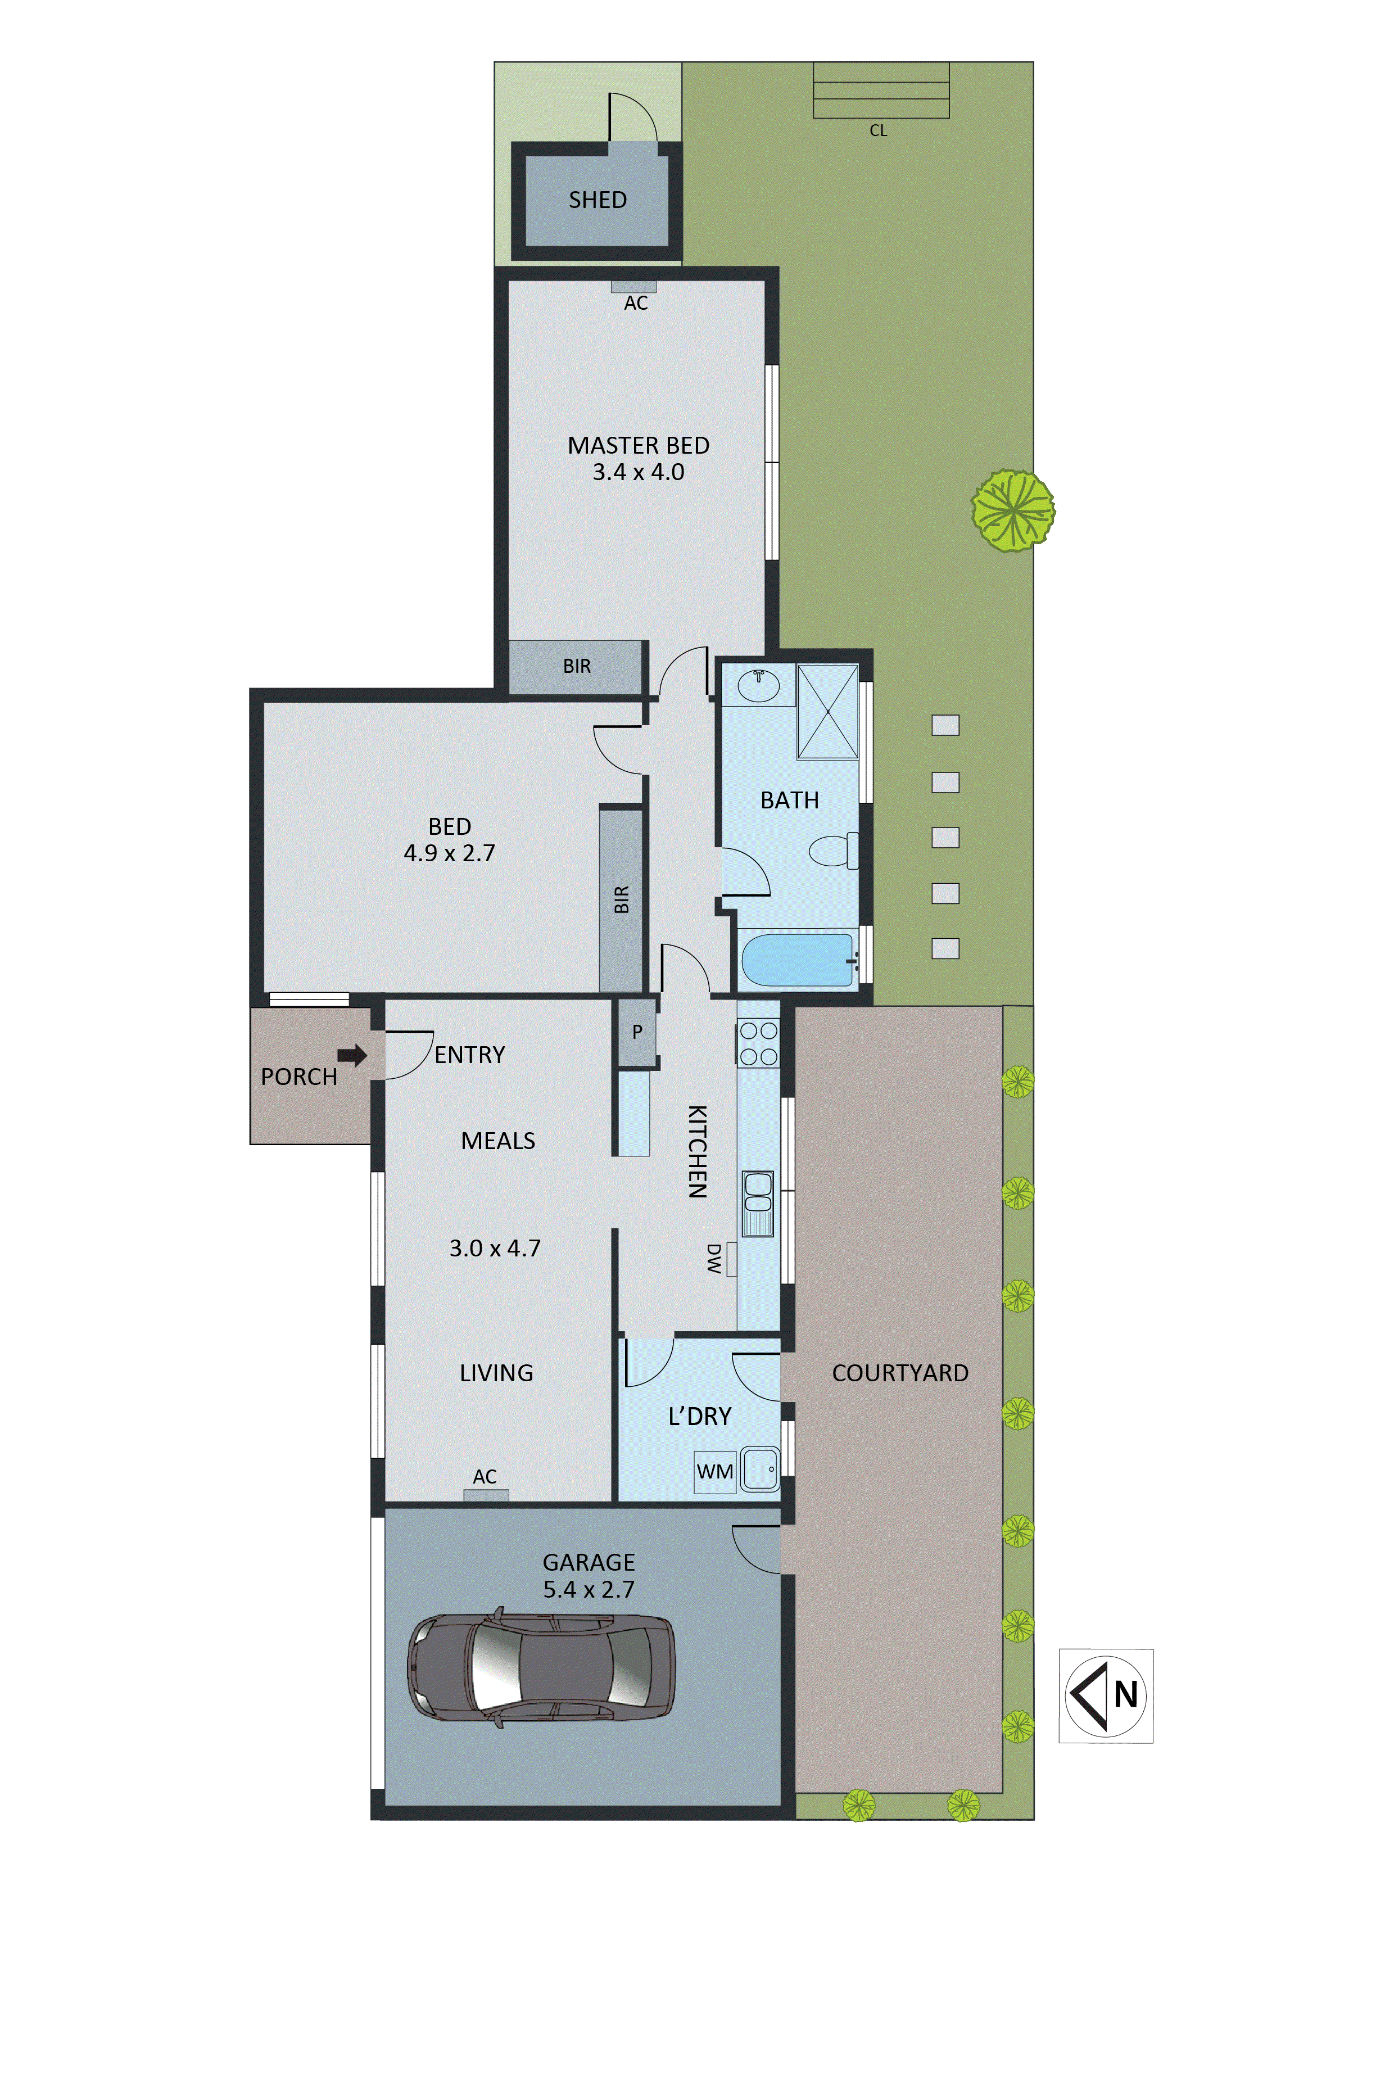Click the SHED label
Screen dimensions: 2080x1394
[x=598, y=200]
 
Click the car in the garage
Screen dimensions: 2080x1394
[x=541, y=1668]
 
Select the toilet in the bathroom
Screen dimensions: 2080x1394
[x=833, y=851]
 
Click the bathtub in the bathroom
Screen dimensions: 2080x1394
[x=798, y=959]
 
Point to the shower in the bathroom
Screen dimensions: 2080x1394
[x=827, y=712]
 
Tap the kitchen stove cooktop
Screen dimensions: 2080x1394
[x=758, y=1043]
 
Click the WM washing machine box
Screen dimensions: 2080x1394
[x=715, y=1471]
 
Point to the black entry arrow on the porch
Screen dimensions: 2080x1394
[x=352, y=1055]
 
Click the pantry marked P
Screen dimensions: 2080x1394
[x=636, y=1032]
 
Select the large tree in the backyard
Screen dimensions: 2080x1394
[x=1012, y=510]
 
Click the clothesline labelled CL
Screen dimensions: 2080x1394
[x=881, y=91]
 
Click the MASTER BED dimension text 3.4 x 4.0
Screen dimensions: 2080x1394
[x=639, y=472]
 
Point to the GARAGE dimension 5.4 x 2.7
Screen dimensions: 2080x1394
[x=589, y=1589]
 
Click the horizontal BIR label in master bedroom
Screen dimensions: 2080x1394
[x=576, y=666]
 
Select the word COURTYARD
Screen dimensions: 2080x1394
[x=900, y=1373]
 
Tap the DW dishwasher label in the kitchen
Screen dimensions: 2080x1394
[x=713, y=1259]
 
